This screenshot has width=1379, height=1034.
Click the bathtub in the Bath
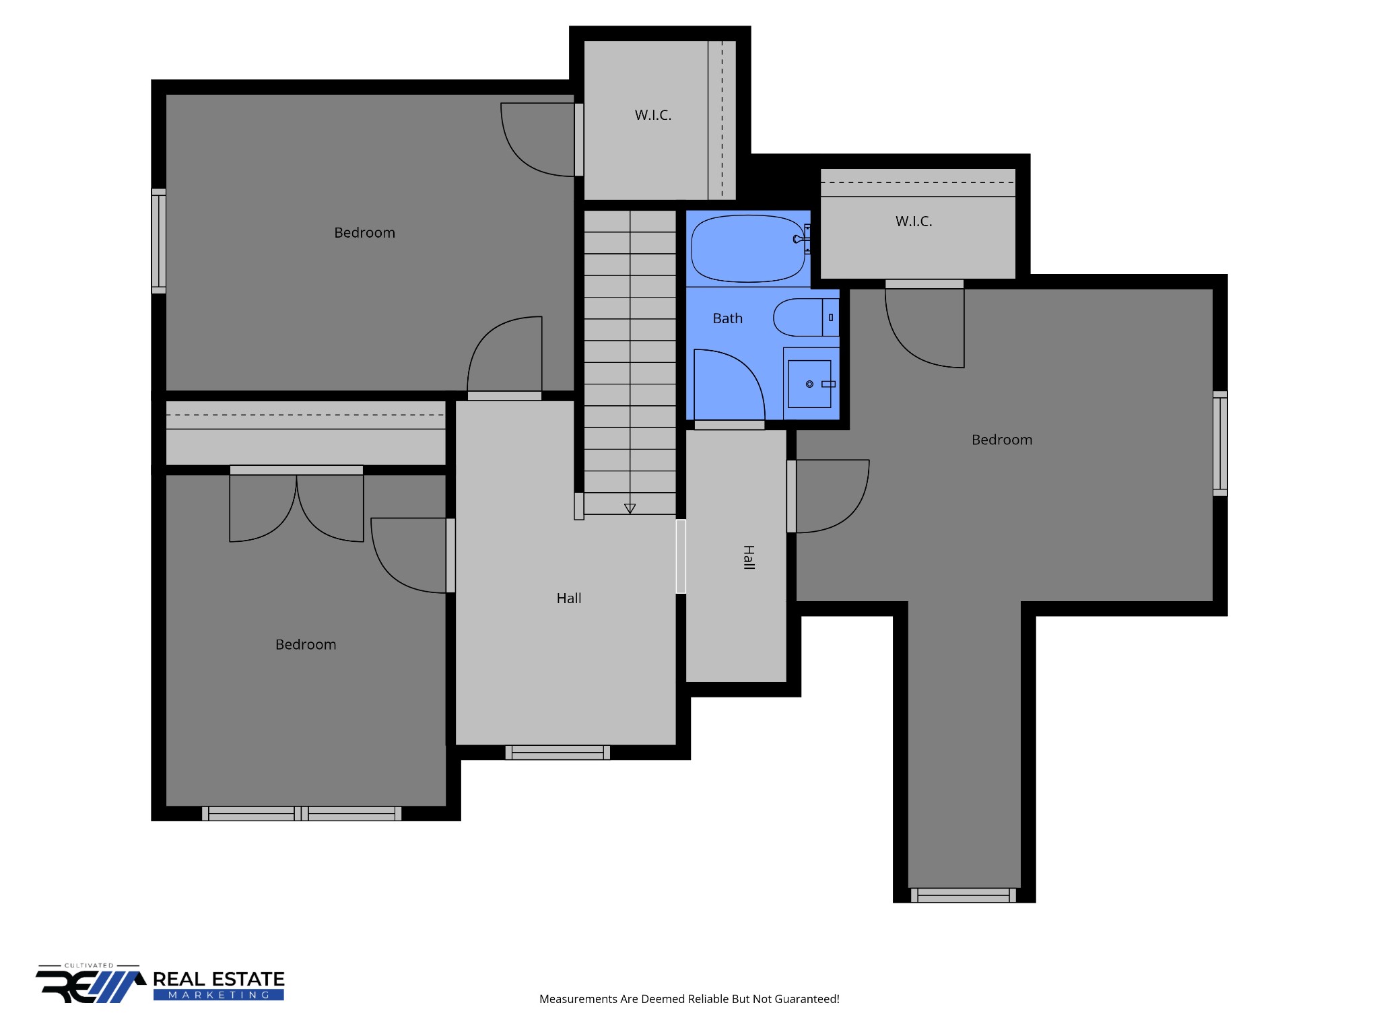747,248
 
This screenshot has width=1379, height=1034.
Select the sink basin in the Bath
809,384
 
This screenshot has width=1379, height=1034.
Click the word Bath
727,318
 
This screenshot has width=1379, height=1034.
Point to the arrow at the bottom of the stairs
630,508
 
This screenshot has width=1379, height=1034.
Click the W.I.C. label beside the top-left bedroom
652,115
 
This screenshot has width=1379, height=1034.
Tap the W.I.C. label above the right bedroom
914,221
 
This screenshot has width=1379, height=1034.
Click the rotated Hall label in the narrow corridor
748,557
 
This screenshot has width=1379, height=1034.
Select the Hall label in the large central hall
568,598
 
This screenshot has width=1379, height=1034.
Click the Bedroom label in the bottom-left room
305,645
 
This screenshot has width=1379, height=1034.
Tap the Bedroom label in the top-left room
364,233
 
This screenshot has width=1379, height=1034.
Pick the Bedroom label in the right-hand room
1001,440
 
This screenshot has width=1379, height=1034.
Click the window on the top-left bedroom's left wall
158,241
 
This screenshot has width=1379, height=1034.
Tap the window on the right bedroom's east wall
1220,444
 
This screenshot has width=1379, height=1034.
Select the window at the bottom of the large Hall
558,753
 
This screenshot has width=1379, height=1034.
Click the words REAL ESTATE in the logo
219,979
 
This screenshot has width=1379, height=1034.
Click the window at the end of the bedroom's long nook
963,895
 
